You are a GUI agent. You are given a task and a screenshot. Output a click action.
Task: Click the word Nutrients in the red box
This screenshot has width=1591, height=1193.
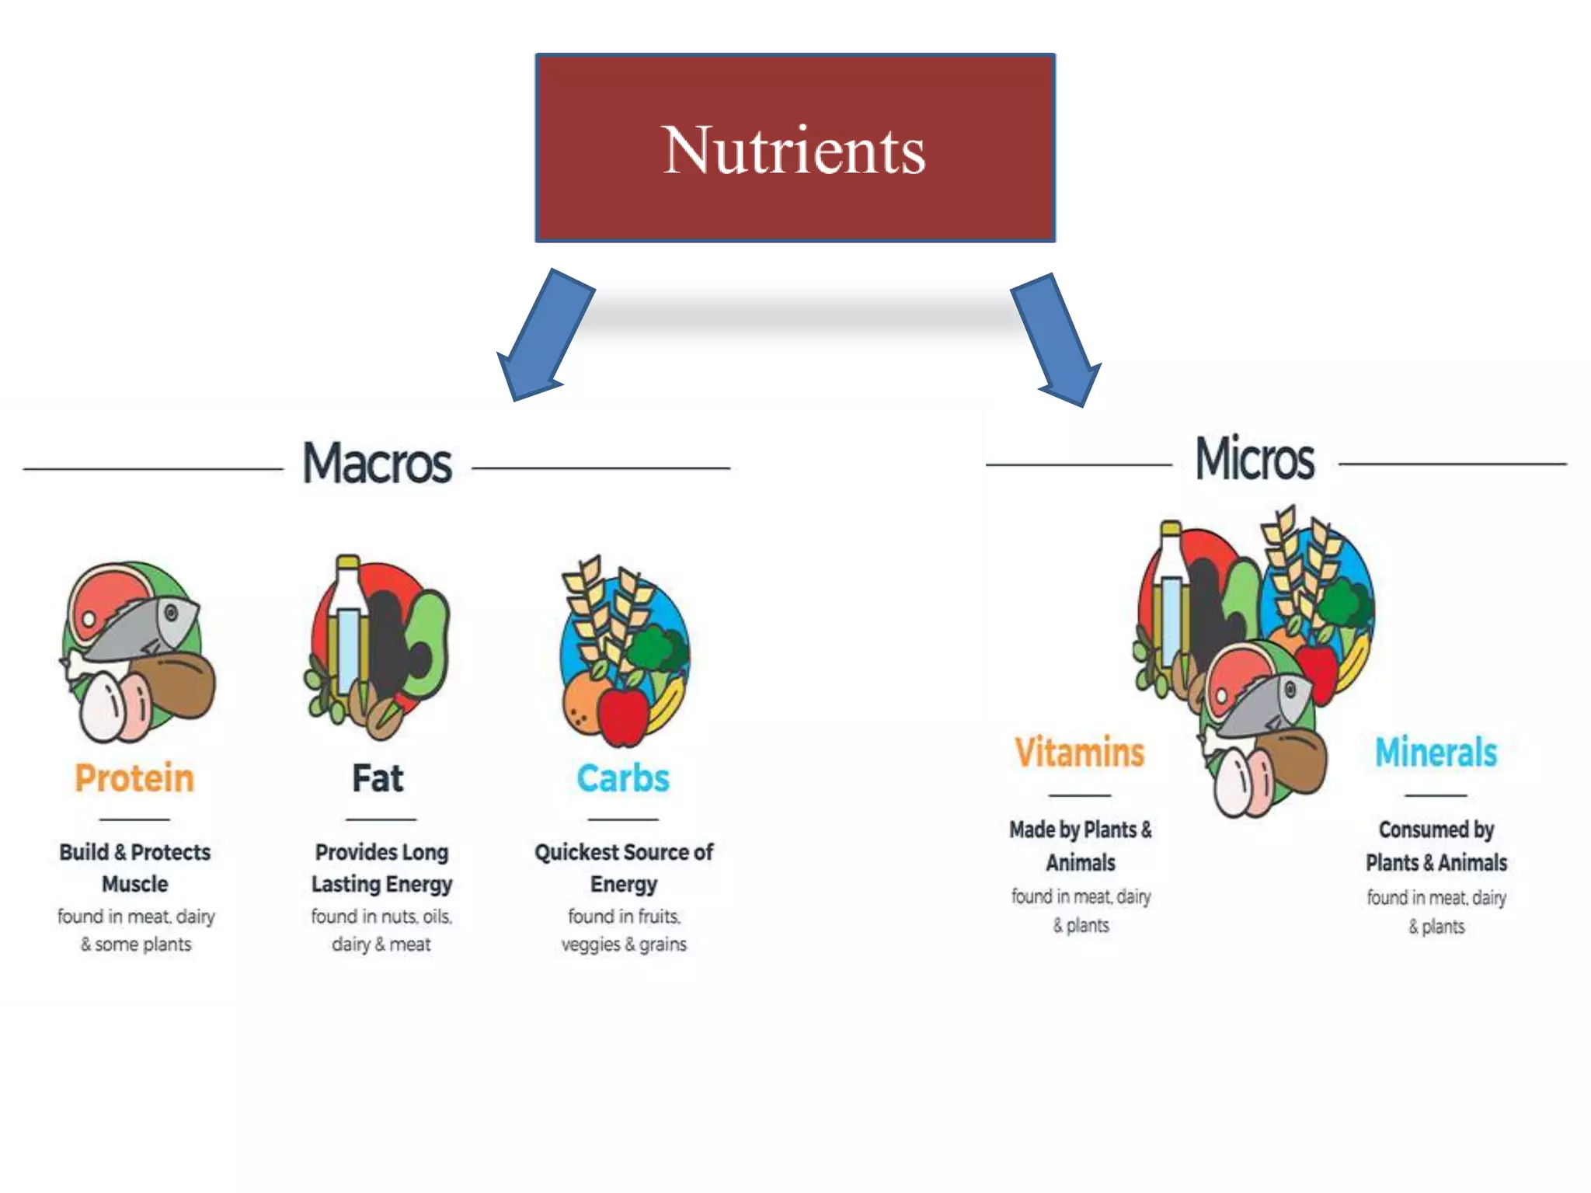click(794, 150)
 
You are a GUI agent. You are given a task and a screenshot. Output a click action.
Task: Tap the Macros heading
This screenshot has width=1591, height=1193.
click(377, 464)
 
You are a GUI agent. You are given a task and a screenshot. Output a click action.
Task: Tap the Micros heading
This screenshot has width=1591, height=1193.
click(1255, 459)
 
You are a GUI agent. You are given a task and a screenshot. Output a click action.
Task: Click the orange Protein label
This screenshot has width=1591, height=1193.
click(134, 778)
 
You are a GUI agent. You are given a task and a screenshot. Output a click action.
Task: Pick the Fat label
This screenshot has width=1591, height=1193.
click(378, 778)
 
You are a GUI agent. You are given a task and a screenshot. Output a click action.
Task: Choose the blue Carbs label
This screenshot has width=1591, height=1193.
click(623, 778)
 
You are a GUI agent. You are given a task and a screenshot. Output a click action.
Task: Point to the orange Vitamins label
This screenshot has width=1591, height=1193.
click(1080, 752)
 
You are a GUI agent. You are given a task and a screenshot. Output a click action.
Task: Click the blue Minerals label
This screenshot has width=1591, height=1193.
click(1436, 752)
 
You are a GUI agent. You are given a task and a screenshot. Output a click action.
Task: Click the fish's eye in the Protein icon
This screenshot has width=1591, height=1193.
click(171, 613)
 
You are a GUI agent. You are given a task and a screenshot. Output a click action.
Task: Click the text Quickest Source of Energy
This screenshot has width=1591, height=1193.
click(623, 868)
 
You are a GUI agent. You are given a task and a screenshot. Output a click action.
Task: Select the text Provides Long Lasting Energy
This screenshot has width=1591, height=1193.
click(381, 868)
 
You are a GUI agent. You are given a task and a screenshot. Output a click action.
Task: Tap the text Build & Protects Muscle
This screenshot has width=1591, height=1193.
click(135, 868)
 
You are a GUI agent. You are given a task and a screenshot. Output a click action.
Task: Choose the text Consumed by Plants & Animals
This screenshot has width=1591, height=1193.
click(1436, 846)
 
